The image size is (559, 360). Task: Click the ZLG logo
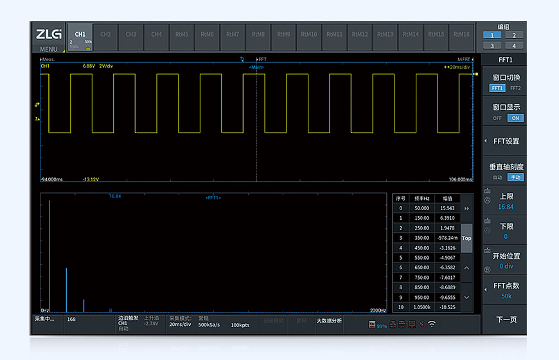pyautogui.click(x=48, y=34)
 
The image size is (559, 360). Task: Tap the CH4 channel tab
pyautogui.click(x=156, y=34)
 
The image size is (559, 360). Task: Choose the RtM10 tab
pyautogui.click(x=309, y=34)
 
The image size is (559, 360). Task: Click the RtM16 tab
pyautogui.click(x=461, y=34)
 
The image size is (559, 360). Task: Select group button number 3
pyautogui.click(x=492, y=46)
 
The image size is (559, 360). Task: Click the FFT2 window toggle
pyautogui.click(x=515, y=88)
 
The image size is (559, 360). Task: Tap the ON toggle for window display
pyautogui.click(x=515, y=118)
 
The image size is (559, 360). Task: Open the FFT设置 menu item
pyautogui.click(x=506, y=141)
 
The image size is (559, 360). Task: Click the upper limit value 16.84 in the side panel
pyautogui.click(x=506, y=207)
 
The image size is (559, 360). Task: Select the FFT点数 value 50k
pyautogui.click(x=506, y=296)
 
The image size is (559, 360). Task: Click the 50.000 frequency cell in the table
pyautogui.click(x=421, y=208)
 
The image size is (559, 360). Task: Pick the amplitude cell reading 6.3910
pyautogui.click(x=446, y=218)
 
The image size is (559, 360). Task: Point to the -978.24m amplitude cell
pyautogui.click(x=446, y=238)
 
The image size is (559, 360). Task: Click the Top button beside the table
pyautogui.click(x=466, y=238)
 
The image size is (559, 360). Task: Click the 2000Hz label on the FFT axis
pyautogui.click(x=378, y=310)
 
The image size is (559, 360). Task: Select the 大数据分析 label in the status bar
pyautogui.click(x=329, y=320)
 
